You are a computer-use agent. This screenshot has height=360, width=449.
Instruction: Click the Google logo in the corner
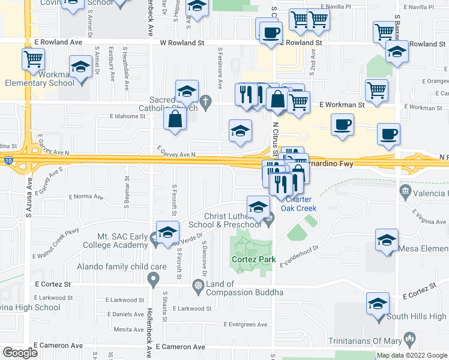click(20, 352)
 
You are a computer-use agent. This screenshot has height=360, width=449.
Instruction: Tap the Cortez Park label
click(250, 260)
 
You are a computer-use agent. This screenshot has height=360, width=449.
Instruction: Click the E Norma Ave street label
click(86, 197)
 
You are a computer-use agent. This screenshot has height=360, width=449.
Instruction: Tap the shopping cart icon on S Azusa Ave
click(34, 59)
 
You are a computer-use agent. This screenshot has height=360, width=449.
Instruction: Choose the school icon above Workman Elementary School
click(80, 67)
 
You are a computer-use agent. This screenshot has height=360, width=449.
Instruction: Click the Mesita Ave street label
click(128, 329)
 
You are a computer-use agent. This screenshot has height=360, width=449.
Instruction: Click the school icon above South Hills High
click(378, 303)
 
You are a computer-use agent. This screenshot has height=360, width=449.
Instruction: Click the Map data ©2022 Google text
click(412, 355)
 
